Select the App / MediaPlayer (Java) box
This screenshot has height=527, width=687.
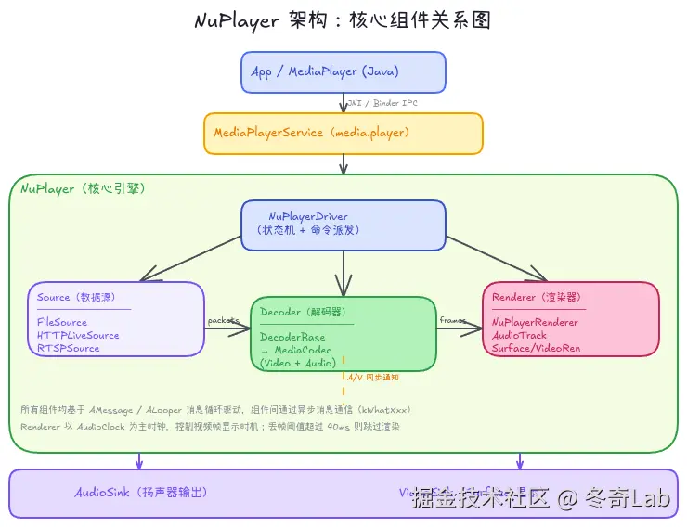coord(343,72)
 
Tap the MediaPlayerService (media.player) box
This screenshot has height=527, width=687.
coord(343,134)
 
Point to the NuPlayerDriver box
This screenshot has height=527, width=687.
coord(343,224)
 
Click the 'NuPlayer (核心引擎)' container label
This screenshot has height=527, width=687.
coord(83,188)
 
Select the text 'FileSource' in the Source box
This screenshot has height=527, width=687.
coord(62,323)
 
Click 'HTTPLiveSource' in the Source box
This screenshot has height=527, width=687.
coord(78,336)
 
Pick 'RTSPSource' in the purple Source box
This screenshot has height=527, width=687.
coord(68,349)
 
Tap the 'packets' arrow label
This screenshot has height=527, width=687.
coord(224,320)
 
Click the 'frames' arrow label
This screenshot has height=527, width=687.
coord(453,320)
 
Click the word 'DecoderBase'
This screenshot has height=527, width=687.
coord(292,338)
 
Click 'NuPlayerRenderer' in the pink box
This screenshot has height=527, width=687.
coord(536,323)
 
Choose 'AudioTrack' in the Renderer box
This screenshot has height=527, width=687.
coord(520,336)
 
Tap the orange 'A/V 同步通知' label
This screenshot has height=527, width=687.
coord(373,378)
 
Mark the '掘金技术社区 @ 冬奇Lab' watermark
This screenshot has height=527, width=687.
coord(541,499)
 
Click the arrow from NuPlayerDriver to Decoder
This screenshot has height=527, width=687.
coord(343,274)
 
